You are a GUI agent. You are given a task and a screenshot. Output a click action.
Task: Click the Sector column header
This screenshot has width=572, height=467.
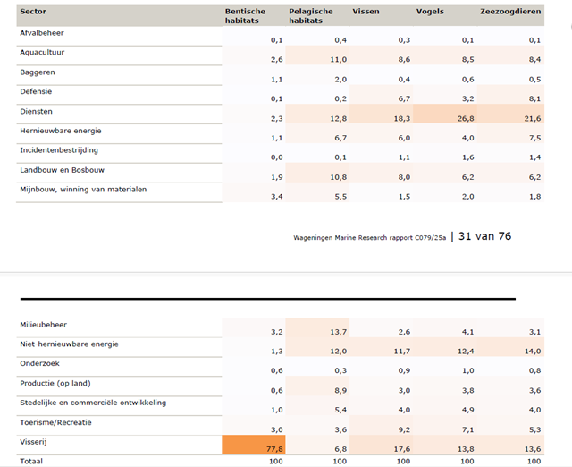click(x=33, y=12)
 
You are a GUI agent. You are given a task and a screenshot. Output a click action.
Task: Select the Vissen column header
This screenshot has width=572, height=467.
click(x=366, y=12)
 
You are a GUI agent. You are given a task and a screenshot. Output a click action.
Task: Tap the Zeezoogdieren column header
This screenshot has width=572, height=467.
click(x=510, y=12)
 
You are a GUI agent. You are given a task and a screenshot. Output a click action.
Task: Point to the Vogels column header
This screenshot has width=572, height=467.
click(x=430, y=12)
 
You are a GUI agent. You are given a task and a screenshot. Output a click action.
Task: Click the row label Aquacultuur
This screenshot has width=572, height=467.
click(x=42, y=52)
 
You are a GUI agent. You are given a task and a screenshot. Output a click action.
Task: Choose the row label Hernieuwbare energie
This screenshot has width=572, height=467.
click(x=61, y=131)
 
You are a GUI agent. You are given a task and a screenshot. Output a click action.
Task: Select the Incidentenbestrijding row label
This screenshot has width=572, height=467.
click(x=59, y=150)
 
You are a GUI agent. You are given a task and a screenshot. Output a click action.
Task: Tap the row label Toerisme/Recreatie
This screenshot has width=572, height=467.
click(x=55, y=422)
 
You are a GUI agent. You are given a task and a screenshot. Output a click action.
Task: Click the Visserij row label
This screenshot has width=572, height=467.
click(x=33, y=442)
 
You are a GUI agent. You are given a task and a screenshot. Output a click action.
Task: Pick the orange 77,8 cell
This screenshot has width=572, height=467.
click(x=254, y=445)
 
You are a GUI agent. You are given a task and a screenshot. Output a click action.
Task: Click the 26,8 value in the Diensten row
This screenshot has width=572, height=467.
click(x=466, y=118)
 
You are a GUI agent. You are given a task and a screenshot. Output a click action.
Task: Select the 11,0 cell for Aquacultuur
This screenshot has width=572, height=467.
click(x=338, y=59)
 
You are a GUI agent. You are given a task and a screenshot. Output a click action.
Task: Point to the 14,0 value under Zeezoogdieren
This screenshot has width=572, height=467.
click(x=533, y=352)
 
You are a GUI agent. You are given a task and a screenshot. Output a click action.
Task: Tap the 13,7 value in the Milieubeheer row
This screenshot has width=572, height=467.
click(x=338, y=332)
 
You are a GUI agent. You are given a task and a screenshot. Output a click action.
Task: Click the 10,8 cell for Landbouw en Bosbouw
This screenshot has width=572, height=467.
click(x=338, y=177)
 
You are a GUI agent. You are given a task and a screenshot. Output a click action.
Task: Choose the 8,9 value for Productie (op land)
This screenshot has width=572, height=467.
click(x=341, y=390)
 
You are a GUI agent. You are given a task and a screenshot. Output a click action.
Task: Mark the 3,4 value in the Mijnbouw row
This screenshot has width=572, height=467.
click(x=276, y=197)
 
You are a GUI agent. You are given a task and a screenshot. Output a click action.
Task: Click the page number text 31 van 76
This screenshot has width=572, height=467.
click(x=484, y=236)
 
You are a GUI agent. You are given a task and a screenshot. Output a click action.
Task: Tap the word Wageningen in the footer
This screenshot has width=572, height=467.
click(x=313, y=238)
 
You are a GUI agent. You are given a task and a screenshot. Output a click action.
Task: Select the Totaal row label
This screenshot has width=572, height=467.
click(x=31, y=461)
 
